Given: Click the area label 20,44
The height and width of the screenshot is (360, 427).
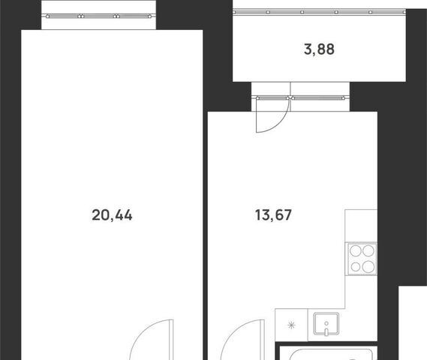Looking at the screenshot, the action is (112, 215).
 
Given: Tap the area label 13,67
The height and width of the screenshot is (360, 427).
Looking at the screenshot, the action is (273, 214).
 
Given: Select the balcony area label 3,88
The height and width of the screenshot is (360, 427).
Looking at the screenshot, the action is (319, 49).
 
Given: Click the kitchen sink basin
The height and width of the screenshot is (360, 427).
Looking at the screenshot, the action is (326, 323).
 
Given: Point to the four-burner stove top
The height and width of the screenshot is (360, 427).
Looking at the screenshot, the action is (362, 259).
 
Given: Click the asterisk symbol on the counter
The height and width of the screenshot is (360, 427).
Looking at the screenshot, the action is (291, 325).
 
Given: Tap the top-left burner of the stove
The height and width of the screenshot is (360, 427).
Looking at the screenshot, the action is (356, 251).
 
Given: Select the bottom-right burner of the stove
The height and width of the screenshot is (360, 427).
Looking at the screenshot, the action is (368, 266).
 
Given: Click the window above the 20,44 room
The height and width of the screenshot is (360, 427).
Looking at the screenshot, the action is (98, 16).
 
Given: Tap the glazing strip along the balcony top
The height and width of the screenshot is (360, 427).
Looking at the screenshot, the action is (320, 12).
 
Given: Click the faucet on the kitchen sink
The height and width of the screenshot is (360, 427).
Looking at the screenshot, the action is (326, 328).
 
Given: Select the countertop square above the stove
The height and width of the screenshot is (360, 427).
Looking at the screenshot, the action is (361, 226).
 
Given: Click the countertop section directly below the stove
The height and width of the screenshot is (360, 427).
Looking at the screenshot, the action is (361, 292).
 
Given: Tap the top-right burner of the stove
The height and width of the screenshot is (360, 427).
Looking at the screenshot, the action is (368, 251).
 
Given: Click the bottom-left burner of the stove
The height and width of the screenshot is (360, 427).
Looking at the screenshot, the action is (356, 267).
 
